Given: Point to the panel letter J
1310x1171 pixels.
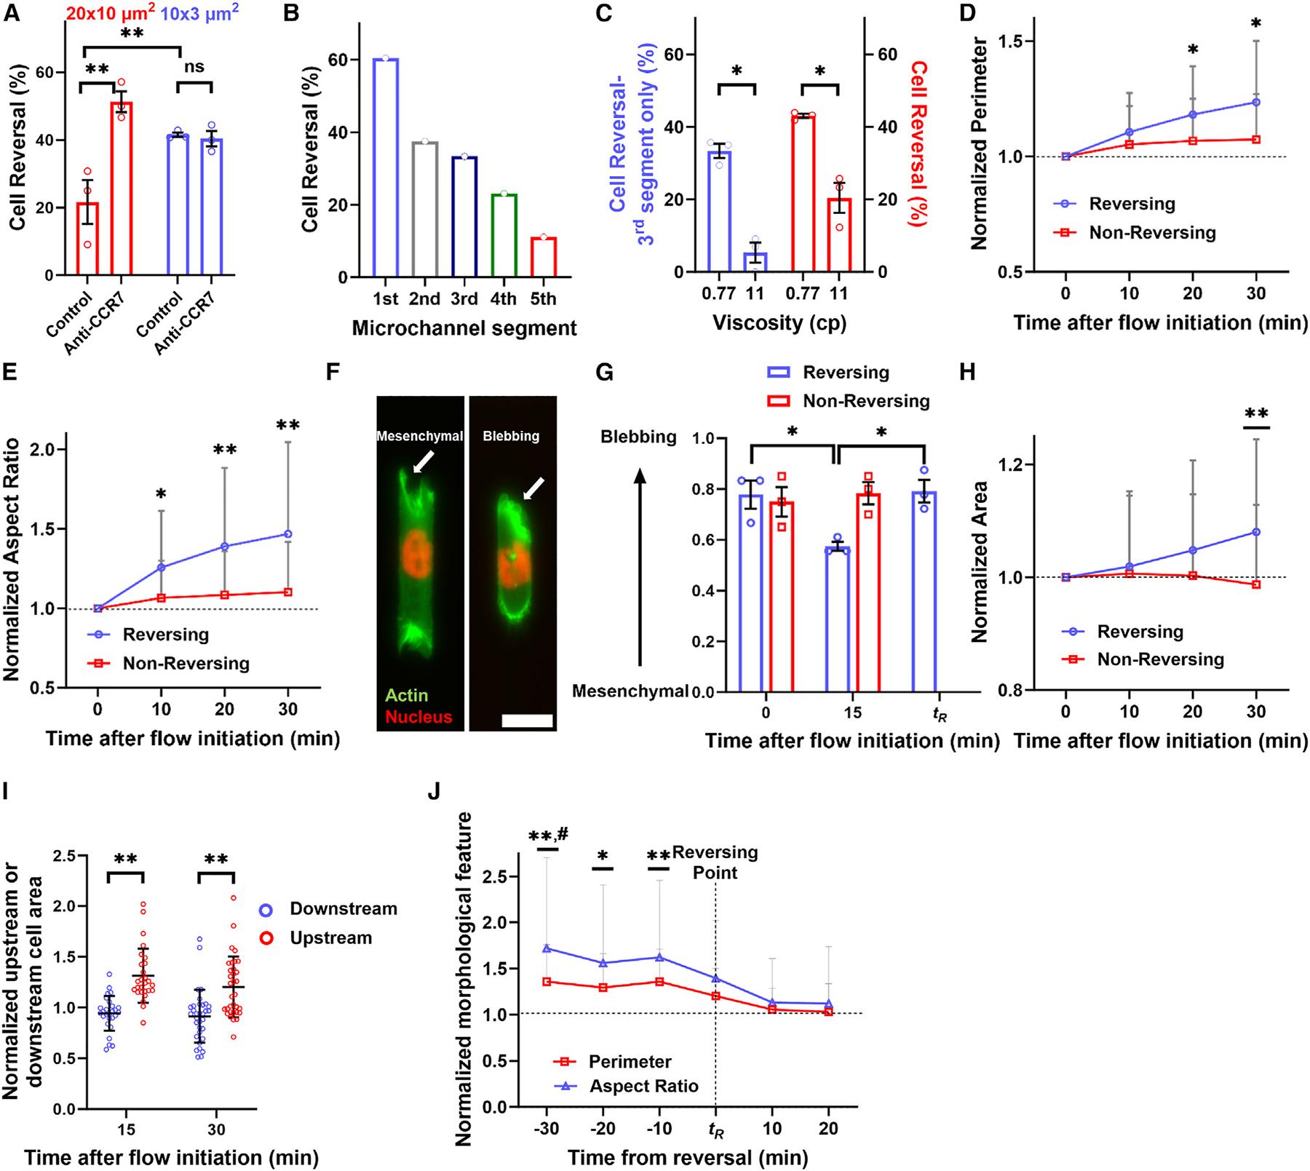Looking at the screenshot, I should click(x=434, y=791).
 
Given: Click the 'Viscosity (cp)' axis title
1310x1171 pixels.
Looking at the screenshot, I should click(x=779, y=322).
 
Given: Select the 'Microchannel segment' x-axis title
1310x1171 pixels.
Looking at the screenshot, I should click(x=464, y=328).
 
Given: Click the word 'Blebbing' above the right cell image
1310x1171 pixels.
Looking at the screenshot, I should click(x=511, y=436).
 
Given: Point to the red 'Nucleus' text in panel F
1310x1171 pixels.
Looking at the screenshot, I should click(x=418, y=716).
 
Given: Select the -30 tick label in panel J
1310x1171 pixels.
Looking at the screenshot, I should click(x=546, y=1130).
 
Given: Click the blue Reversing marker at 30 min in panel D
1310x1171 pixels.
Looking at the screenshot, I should click(x=1256, y=102).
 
